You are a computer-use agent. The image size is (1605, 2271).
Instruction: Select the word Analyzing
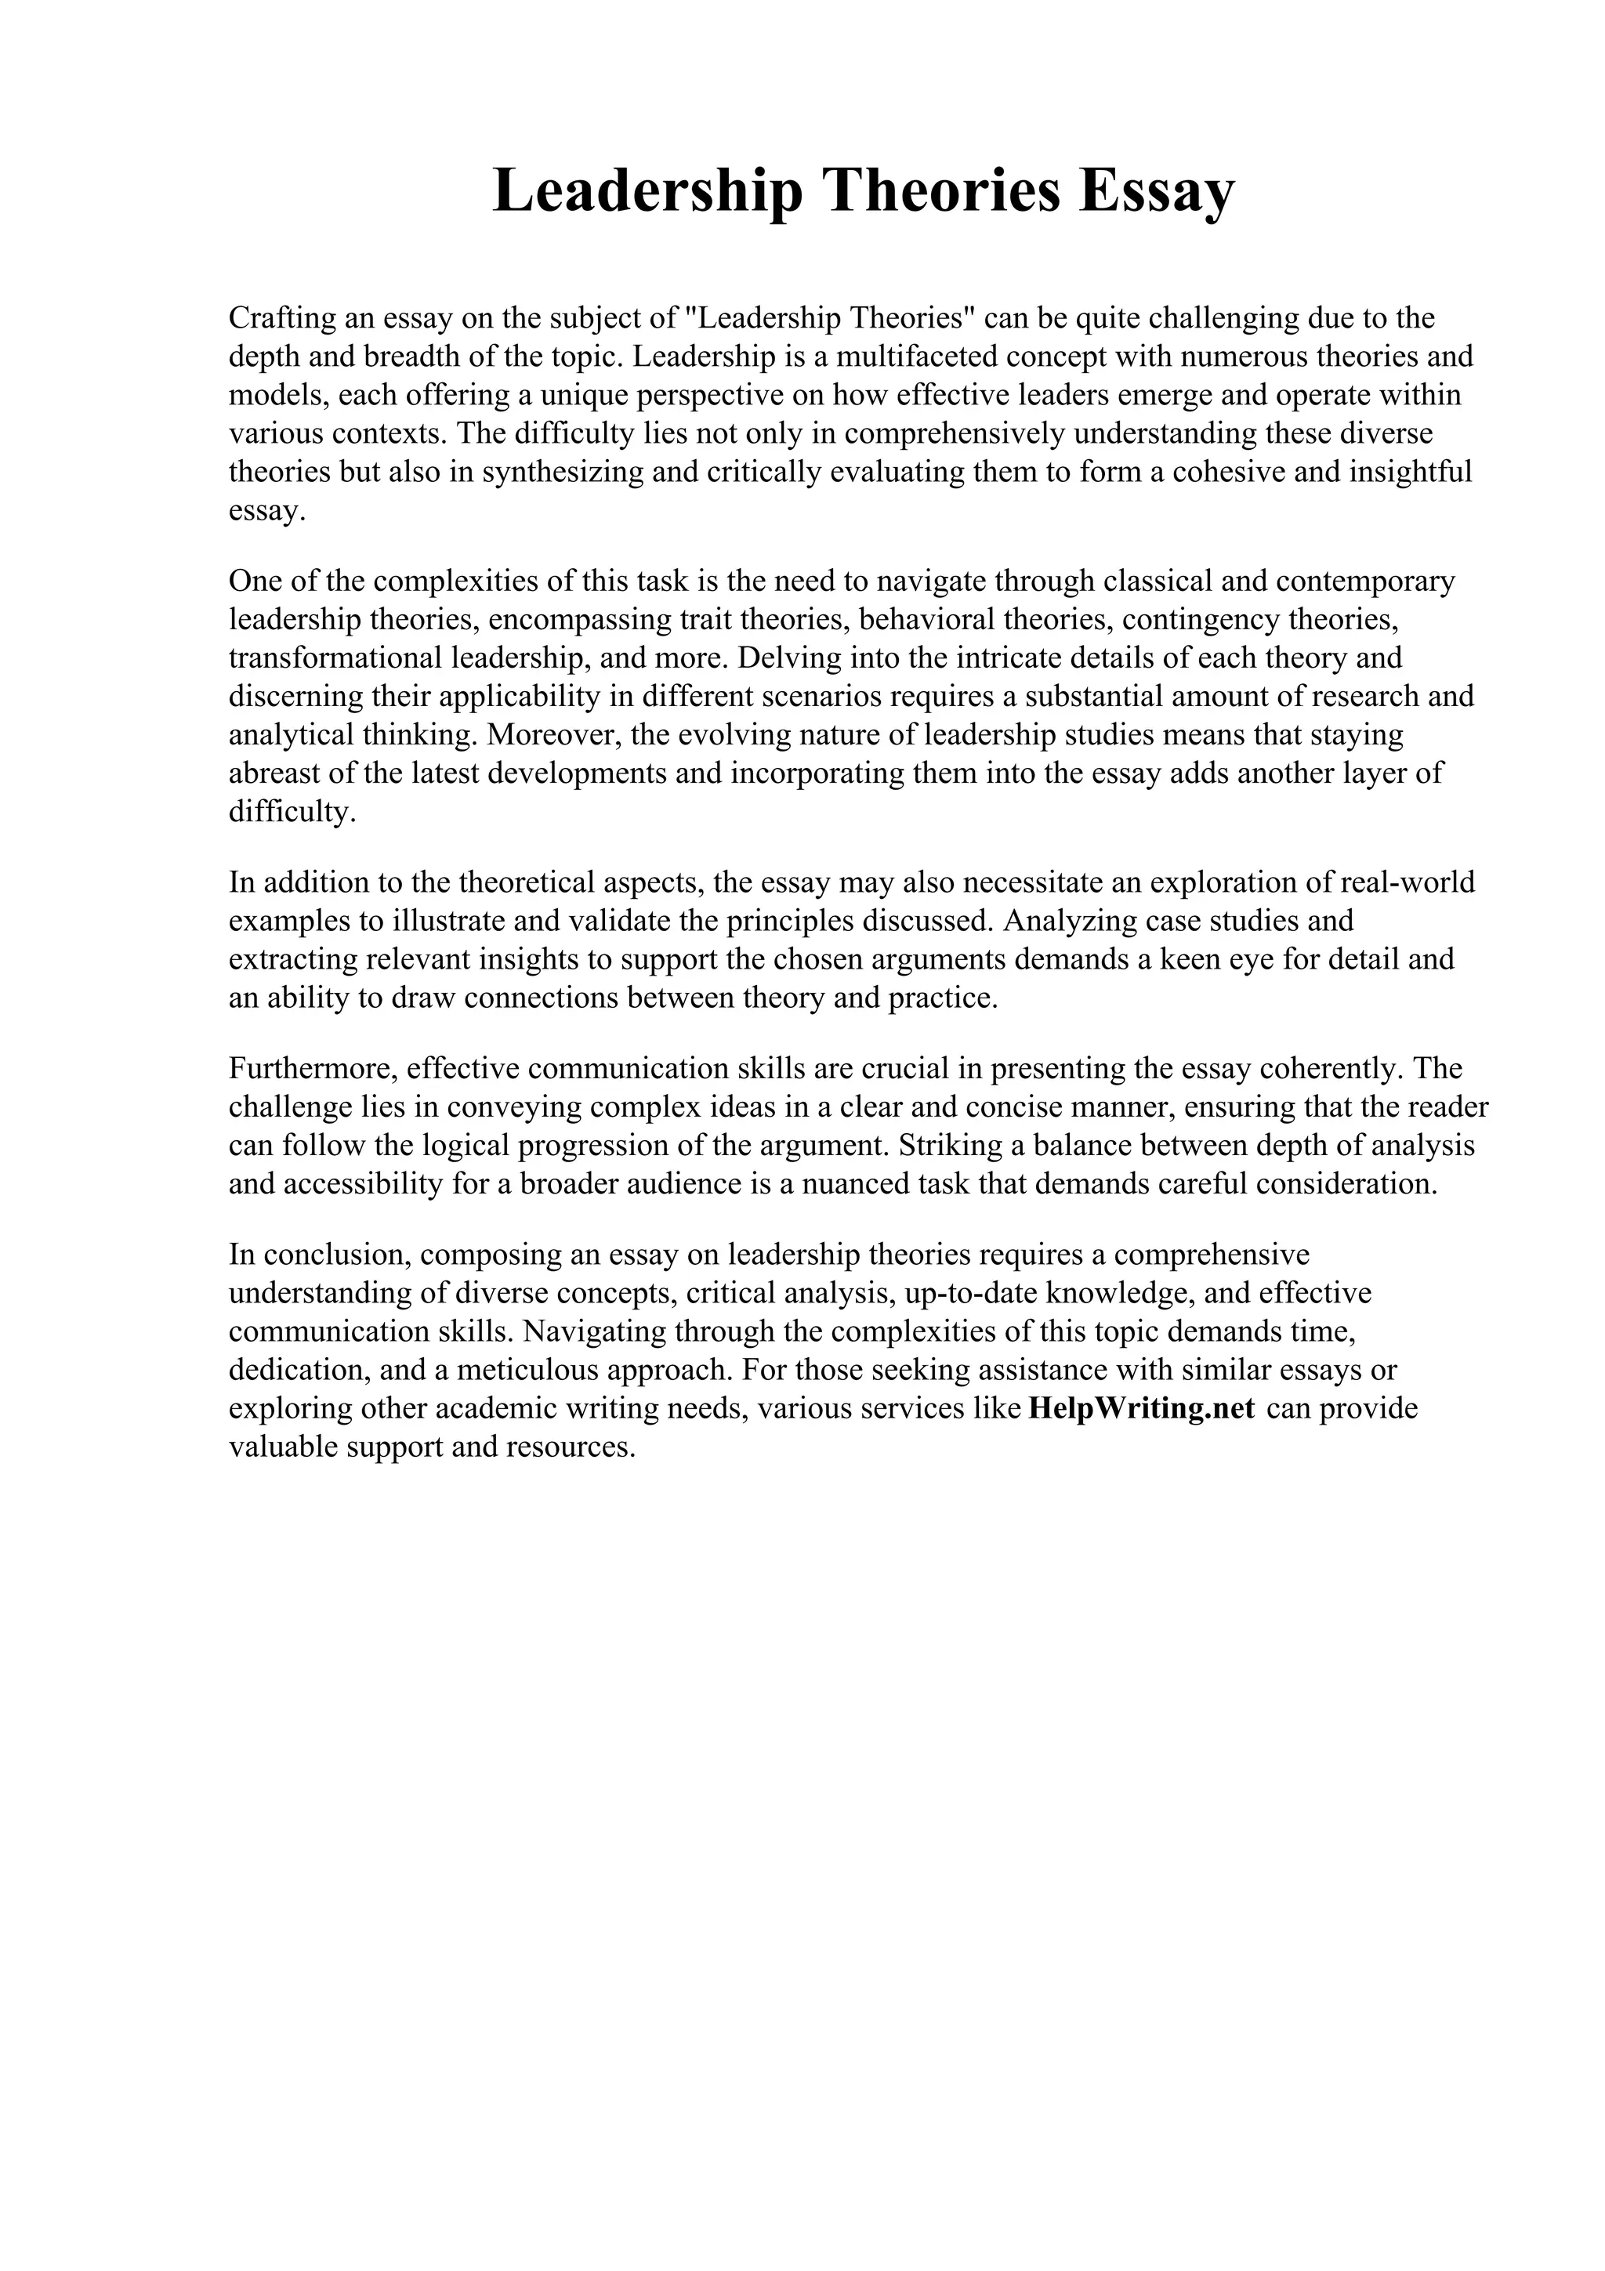click(1069, 921)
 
